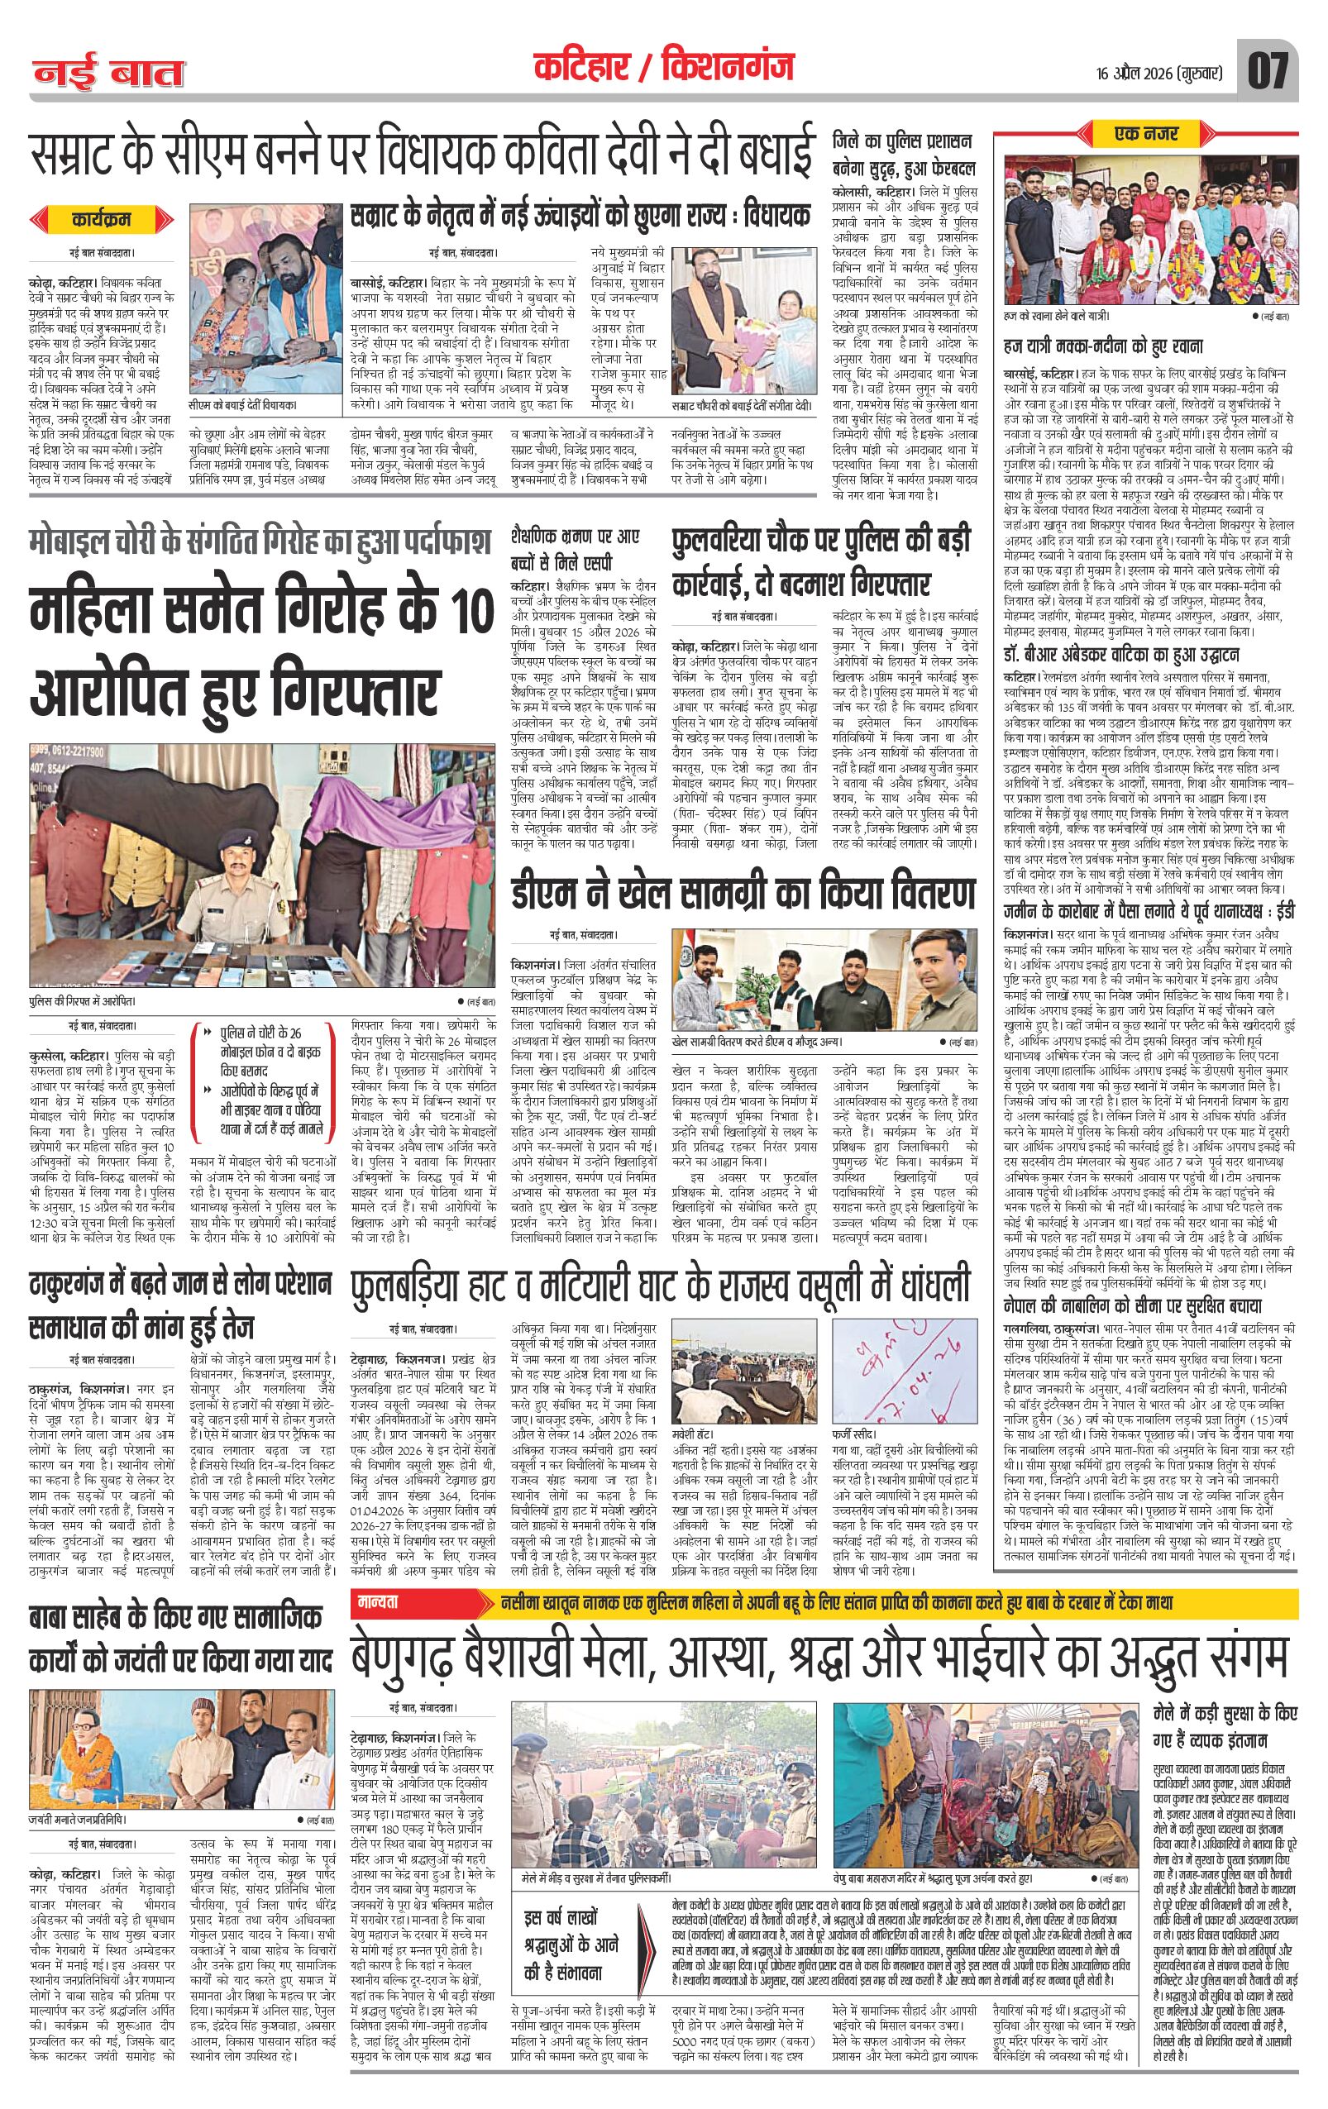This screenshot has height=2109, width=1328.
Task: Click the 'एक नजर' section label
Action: pyautogui.click(x=1146, y=134)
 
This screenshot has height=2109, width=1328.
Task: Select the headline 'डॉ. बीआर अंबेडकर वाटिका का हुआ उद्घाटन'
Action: pyautogui.click(x=1135, y=654)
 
